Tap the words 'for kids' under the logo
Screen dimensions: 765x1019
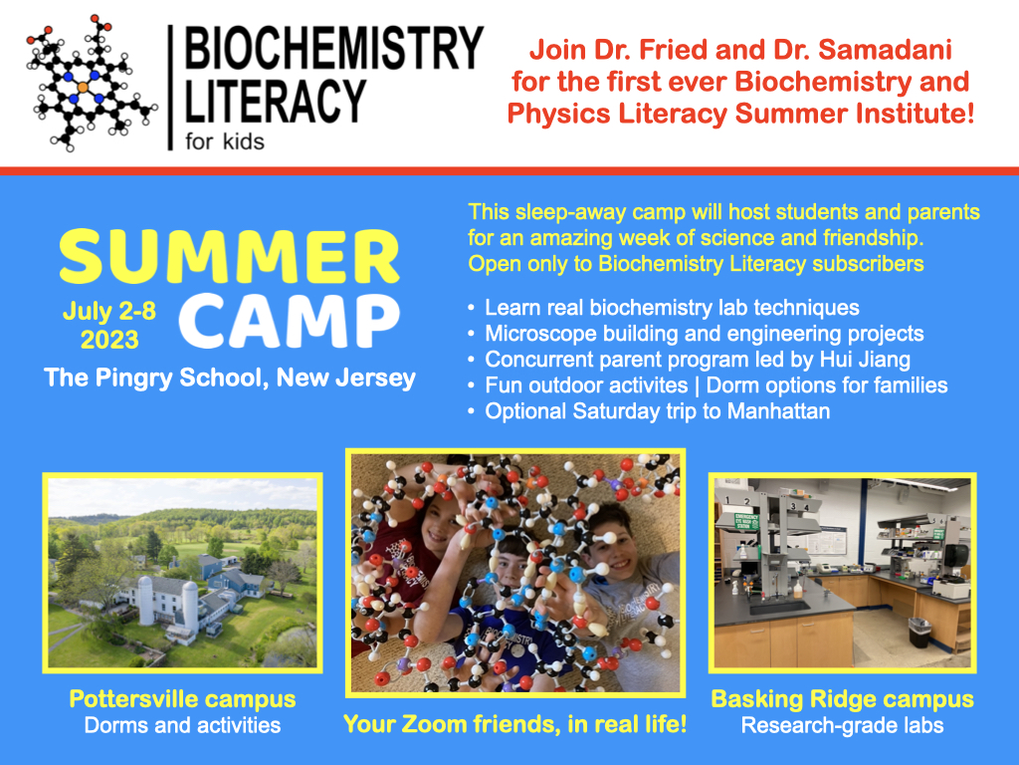click(x=224, y=140)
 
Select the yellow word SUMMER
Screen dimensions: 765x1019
click(x=229, y=257)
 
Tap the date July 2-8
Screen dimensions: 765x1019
click(x=109, y=311)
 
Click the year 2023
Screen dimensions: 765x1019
click(x=109, y=341)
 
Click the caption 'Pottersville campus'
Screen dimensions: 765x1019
click(x=182, y=698)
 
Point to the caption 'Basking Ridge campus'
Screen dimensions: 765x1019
click(x=842, y=698)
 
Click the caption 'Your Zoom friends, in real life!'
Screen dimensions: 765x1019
click(x=514, y=724)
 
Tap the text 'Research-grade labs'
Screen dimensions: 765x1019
click(x=842, y=725)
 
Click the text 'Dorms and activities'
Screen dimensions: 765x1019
click(x=182, y=725)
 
